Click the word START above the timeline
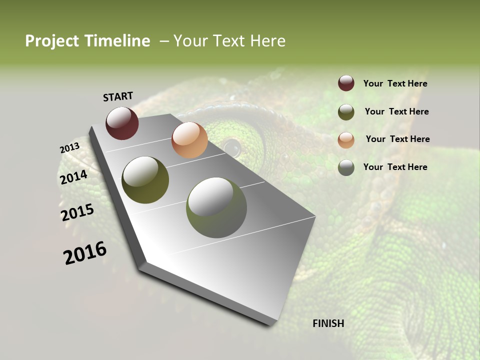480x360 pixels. [x=118, y=96]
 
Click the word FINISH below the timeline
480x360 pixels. [x=328, y=323]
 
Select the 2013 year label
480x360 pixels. [x=69, y=148]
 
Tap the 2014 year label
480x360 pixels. [x=74, y=177]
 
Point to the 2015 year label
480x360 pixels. [x=77, y=212]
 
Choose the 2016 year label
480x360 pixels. [x=85, y=252]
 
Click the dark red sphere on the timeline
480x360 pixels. [x=122, y=123]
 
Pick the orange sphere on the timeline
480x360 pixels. [x=189, y=140]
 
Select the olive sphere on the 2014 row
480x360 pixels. [x=145, y=180]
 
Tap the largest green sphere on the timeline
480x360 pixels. [x=216, y=207]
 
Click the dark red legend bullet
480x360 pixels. [x=346, y=83]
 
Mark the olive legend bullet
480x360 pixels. [x=346, y=112]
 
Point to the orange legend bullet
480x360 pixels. [x=346, y=139]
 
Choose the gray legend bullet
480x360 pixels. [x=346, y=167]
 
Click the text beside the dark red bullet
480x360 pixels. [x=395, y=83]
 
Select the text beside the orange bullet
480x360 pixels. [x=397, y=139]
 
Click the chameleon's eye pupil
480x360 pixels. [x=232, y=147]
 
